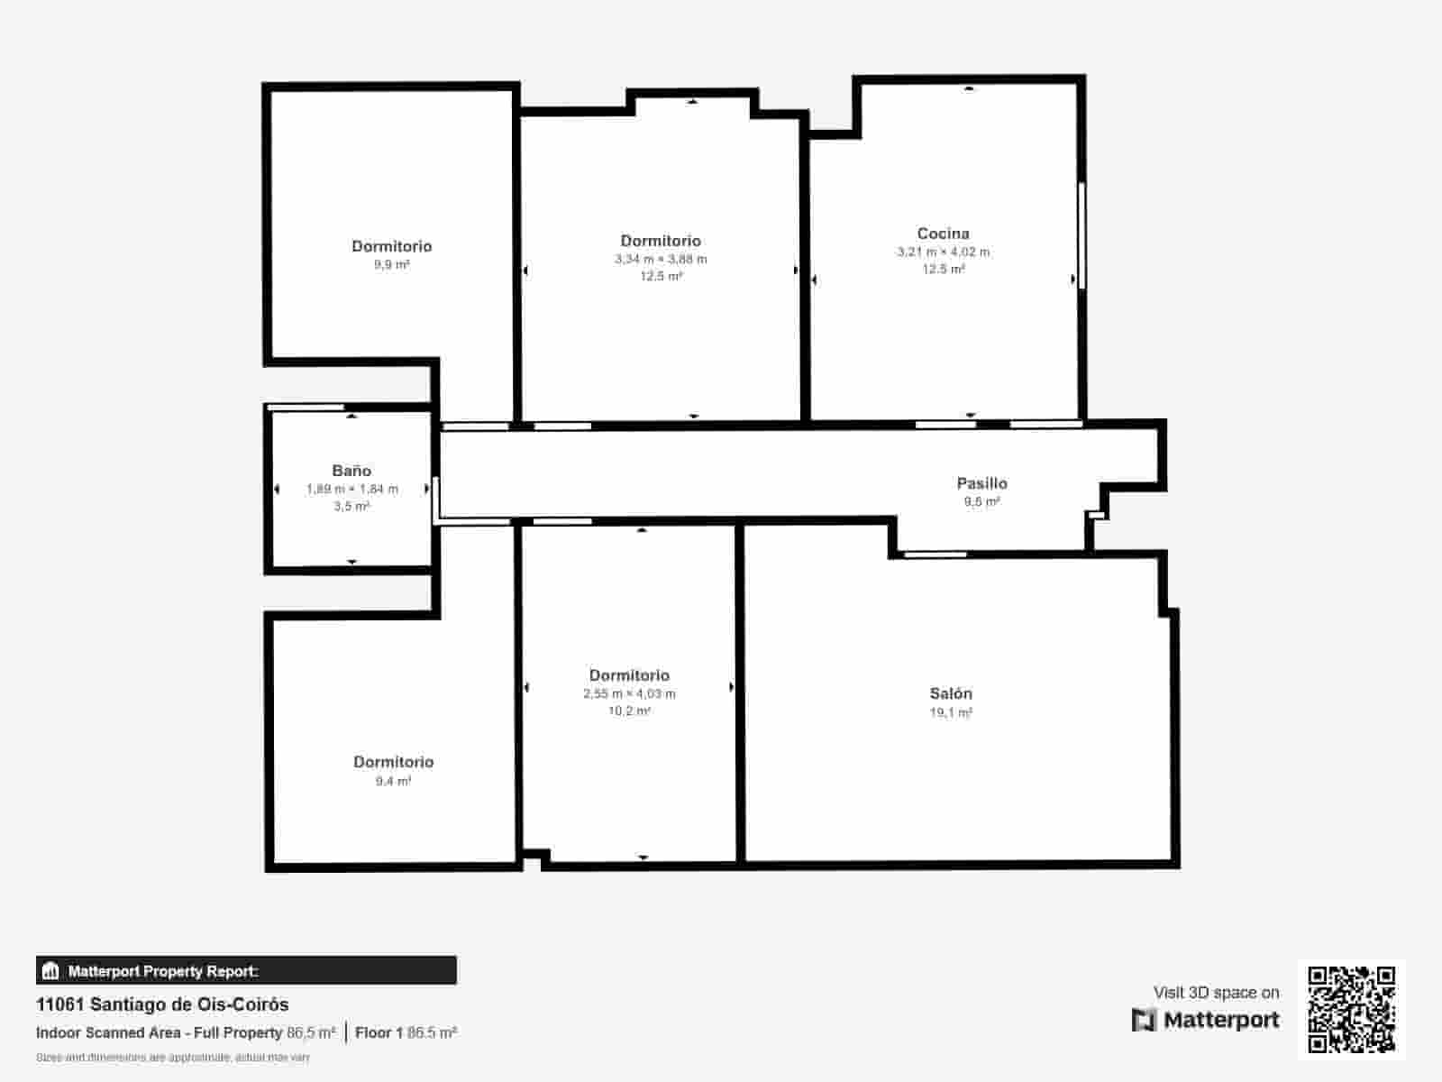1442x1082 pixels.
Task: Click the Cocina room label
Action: click(x=943, y=234)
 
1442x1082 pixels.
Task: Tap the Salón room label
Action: click(x=951, y=693)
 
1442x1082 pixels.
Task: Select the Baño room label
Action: click(x=351, y=471)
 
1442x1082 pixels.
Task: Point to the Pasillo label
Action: click(x=981, y=483)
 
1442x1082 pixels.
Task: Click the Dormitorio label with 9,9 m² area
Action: click(x=391, y=246)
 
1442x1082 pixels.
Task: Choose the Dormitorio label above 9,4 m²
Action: click(x=393, y=762)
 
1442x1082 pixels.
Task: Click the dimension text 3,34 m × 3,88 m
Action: click(x=661, y=259)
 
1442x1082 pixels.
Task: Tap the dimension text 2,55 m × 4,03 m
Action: click(x=629, y=693)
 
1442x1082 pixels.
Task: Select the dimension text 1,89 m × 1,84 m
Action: click(x=351, y=489)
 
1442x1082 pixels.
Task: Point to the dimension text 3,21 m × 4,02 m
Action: click(x=943, y=252)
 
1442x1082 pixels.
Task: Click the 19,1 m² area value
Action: click(x=951, y=712)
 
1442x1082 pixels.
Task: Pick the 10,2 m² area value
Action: click(x=629, y=711)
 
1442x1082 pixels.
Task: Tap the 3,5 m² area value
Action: click(x=351, y=507)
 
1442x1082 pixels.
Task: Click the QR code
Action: click(x=1351, y=1009)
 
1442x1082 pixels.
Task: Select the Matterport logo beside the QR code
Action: click(x=1206, y=1020)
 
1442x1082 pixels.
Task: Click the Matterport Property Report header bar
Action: click(x=246, y=971)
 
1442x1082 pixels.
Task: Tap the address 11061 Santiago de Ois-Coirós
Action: click(x=162, y=1004)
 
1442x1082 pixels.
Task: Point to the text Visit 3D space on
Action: click(x=1216, y=993)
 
